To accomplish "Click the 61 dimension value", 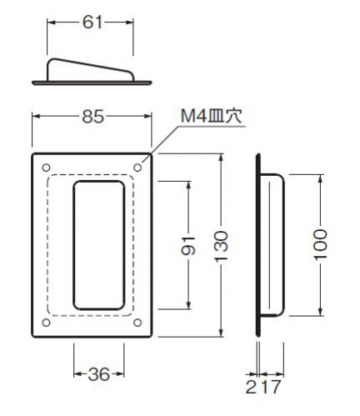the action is click(92, 23).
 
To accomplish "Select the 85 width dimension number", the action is click(93, 117).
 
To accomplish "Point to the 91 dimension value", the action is click(188, 246).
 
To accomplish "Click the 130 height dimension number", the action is click(221, 246).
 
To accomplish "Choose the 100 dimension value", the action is click(321, 244).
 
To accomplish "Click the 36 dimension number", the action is click(98, 374).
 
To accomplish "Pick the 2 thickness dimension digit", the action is click(251, 387).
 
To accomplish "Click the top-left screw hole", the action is click(46, 168).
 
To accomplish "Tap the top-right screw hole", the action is click(137, 168).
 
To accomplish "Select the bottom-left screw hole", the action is click(46, 323).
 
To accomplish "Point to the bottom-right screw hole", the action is click(137, 323).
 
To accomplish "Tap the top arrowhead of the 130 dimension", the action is click(221, 158).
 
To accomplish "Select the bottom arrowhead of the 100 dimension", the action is click(321, 312).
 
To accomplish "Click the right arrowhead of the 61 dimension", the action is click(129, 23).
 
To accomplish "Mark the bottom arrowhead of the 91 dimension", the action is click(188, 305).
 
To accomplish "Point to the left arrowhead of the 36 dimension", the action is click(78, 374).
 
